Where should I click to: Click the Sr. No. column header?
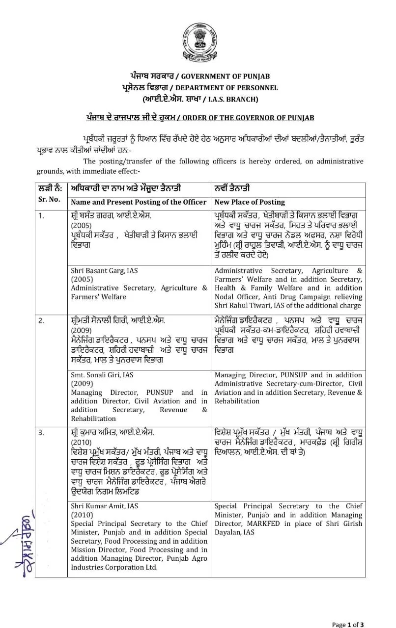pos(49,199)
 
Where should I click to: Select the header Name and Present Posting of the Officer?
pos(139,202)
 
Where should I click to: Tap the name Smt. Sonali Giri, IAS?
pos(102,375)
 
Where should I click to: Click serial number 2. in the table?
pos(41,320)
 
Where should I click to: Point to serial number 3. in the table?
pos(41,433)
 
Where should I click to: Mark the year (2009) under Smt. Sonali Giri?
pos(81,384)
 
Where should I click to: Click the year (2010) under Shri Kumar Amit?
pos(81,515)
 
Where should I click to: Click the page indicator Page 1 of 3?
pos(348,625)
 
